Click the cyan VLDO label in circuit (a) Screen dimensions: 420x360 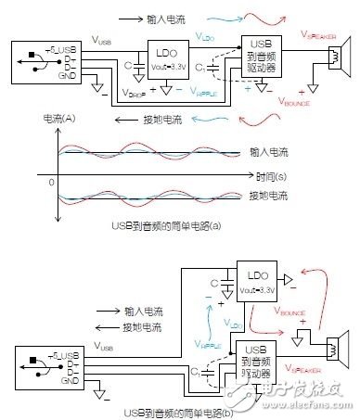[x=206, y=34]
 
